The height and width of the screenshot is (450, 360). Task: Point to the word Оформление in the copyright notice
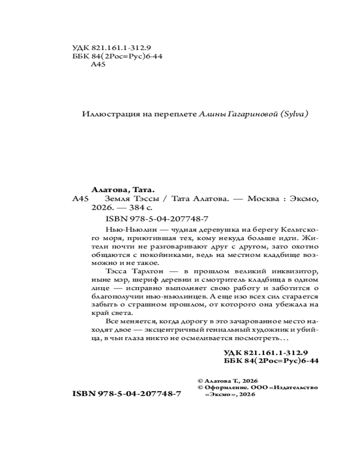225,387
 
